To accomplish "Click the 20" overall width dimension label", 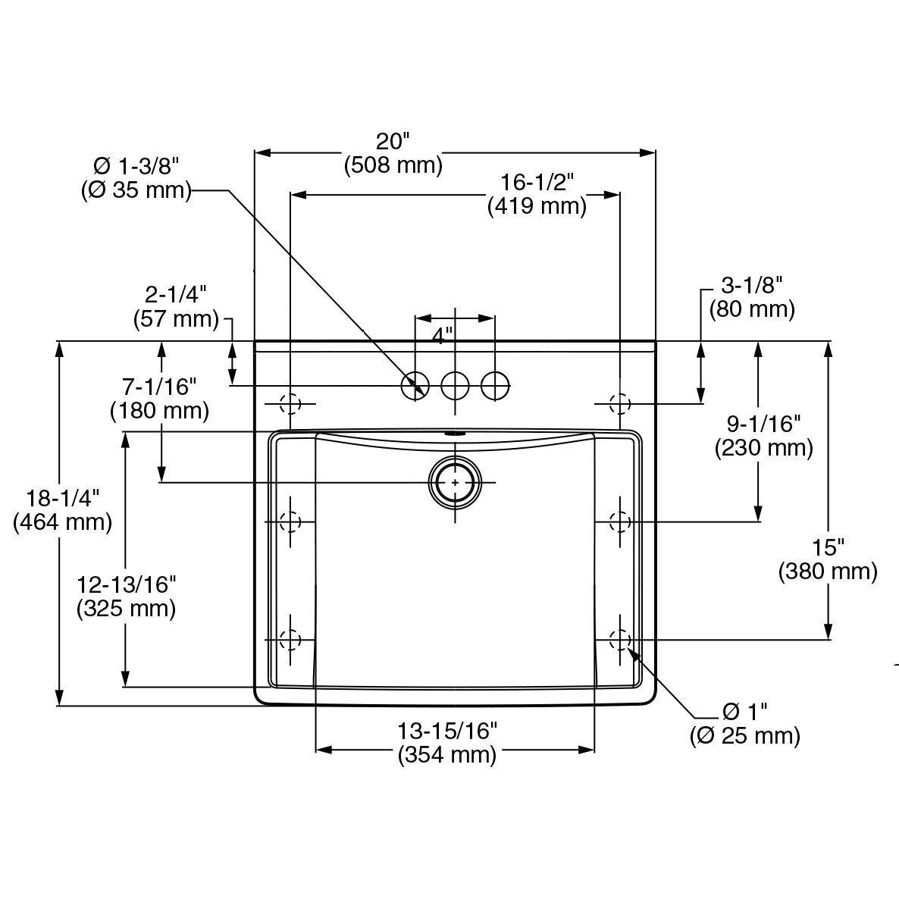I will (393, 141).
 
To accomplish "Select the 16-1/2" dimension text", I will (537, 182).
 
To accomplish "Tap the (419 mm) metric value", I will (537, 206).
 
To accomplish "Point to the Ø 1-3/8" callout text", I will (136, 166).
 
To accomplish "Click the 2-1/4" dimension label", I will (176, 294).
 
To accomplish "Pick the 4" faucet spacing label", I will (442, 334).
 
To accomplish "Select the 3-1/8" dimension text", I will (751, 285).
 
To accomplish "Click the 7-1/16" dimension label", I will (159, 387).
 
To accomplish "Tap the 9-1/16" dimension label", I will (763, 424).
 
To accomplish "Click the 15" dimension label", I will (828, 547).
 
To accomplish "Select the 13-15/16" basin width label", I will (447, 731).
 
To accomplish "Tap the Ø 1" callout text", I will (745, 712).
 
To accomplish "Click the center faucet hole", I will (455, 386).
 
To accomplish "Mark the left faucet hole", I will (415, 386).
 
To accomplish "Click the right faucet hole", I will (495, 386).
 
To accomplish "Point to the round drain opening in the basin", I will (455, 482).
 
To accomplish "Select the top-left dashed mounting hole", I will (290, 403).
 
